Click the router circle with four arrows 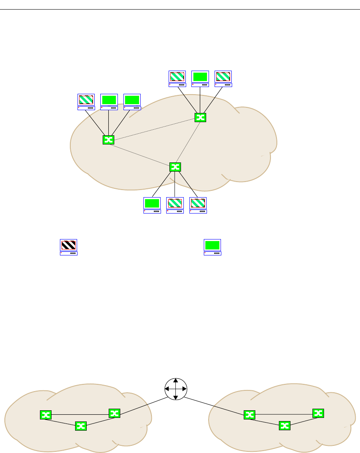click(176, 388)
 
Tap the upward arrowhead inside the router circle click(176, 380)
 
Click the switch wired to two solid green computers click(108, 139)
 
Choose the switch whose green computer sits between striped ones click(200, 117)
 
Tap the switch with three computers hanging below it click(175, 167)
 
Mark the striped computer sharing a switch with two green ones click(86, 102)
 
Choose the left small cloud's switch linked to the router click(114, 413)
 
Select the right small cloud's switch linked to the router click(250, 415)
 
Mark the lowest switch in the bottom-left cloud click(81, 426)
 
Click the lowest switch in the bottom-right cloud click(284, 426)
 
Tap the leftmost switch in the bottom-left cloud click(46, 415)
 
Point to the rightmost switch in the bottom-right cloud click(318, 413)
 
